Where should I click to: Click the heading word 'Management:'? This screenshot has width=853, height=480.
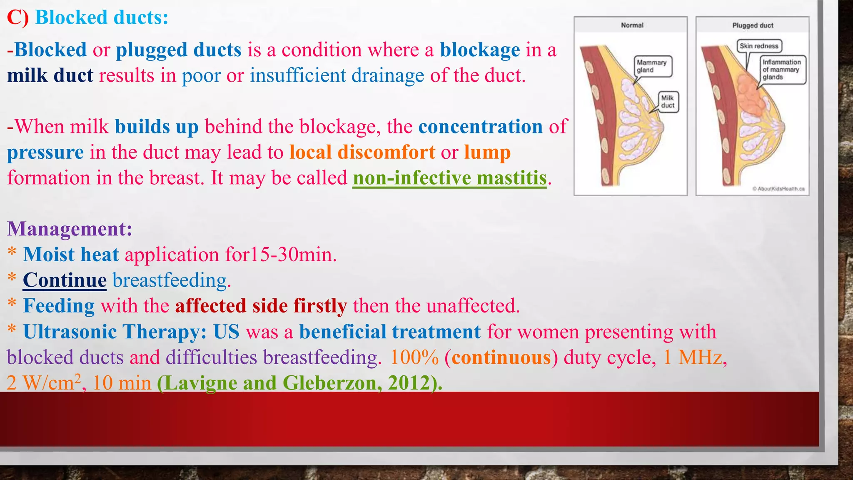(70, 229)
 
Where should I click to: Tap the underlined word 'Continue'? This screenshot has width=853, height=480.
(65, 280)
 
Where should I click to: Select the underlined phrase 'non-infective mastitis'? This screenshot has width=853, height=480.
(449, 178)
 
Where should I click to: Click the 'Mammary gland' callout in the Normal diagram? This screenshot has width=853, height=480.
(652, 66)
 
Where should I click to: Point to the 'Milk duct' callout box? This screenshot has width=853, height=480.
(668, 102)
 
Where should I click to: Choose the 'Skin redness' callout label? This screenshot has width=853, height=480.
(759, 46)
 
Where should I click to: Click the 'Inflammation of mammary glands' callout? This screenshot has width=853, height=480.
(781, 70)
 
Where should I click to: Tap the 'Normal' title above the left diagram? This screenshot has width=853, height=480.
(632, 25)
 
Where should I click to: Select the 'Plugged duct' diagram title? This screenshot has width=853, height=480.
(753, 25)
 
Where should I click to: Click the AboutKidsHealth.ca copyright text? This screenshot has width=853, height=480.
(778, 189)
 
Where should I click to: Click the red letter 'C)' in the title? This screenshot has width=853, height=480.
(18, 17)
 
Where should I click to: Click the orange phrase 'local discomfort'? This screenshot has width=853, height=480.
(362, 152)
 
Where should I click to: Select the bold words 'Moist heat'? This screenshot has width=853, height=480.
(71, 255)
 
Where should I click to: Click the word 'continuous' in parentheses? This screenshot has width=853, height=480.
(501, 357)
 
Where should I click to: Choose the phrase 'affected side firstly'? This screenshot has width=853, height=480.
(261, 306)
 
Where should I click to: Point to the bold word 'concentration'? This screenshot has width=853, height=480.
(480, 127)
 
